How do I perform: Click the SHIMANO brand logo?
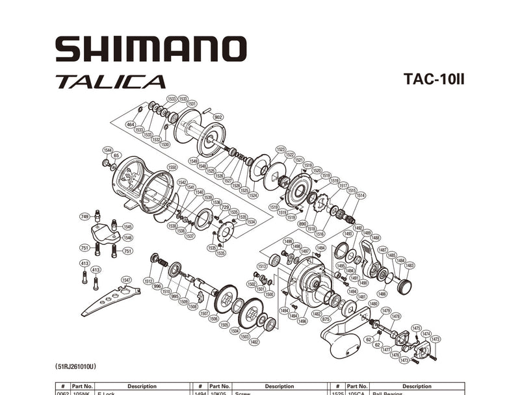pyautogui.click(x=150, y=49)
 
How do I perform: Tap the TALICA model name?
pyautogui.click(x=110, y=82)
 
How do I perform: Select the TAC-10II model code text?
pyautogui.click(x=433, y=79)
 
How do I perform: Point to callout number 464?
pyautogui.click(x=130, y=124)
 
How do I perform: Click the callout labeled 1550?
pyautogui.click(x=172, y=168)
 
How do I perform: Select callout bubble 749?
pyautogui.click(x=84, y=216)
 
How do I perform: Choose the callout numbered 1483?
pyautogui.click(x=409, y=265)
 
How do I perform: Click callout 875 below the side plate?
pyautogui.click(x=326, y=319)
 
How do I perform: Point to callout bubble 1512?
pyautogui.click(x=148, y=281)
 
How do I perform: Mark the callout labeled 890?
pyautogui.click(x=302, y=223)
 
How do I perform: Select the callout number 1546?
pyautogui.click(x=127, y=238)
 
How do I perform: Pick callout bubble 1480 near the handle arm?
pyautogui.click(x=373, y=303)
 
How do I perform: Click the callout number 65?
pyautogui.click(x=116, y=155)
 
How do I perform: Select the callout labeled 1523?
pyautogui.click(x=281, y=149)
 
